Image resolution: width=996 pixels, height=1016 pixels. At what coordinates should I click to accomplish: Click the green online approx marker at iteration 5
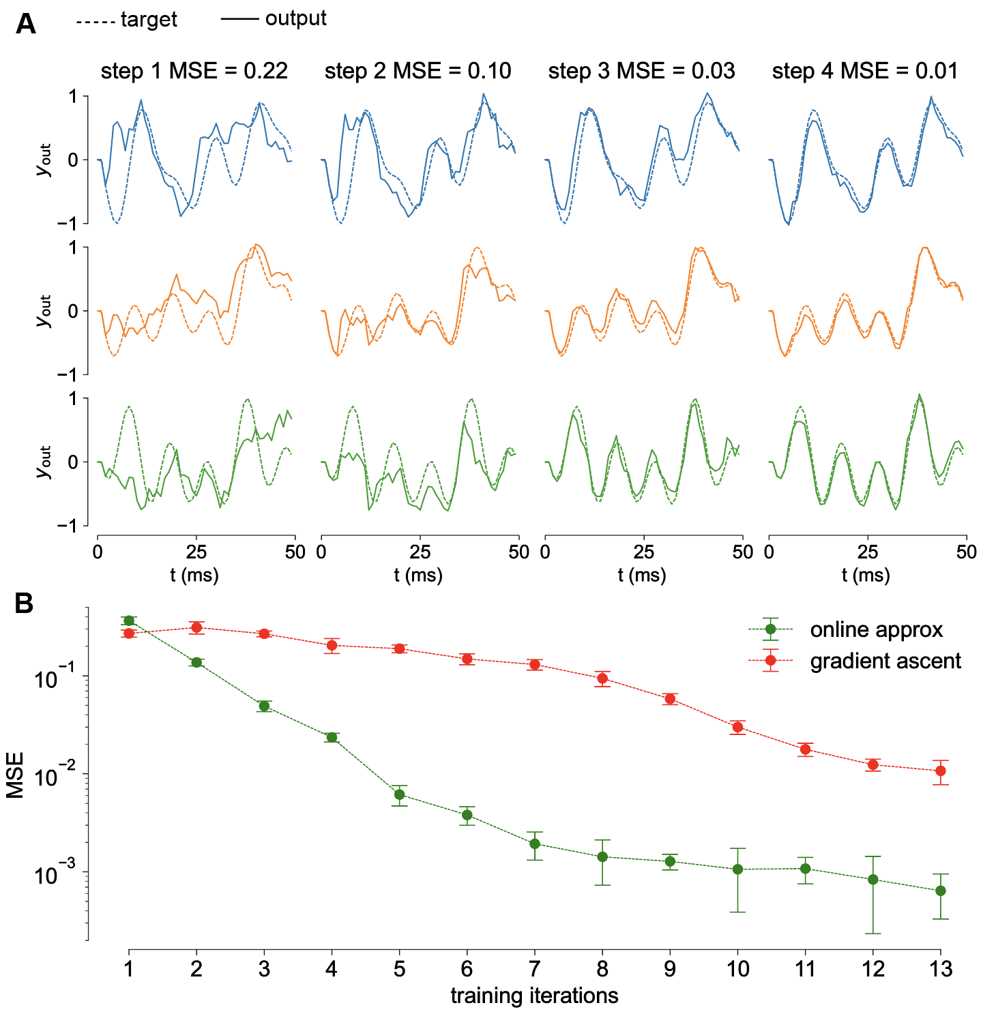coord(400,794)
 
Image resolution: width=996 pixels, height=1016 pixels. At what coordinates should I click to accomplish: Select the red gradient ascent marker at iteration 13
coord(941,771)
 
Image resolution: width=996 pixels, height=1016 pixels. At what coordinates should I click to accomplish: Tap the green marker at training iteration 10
coord(737,869)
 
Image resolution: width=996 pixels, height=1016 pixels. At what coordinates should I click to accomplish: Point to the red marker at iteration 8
coord(602,678)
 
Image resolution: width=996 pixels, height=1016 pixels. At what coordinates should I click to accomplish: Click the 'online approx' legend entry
coord(876,629)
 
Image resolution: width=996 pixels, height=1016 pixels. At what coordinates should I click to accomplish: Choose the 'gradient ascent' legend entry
coord(885,661)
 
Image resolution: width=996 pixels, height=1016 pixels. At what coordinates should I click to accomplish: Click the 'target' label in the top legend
coord(149,20)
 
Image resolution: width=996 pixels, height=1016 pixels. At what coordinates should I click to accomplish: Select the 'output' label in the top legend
coord(295,18)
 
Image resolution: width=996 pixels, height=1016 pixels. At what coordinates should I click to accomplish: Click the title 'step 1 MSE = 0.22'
coord(194,71)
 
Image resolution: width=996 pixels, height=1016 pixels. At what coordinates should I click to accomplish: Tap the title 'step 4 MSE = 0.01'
coord(865,71)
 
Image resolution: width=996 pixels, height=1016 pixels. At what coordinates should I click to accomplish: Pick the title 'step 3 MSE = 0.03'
coord(641,71)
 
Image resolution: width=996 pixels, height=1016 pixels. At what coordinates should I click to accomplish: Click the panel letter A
coord(26,25)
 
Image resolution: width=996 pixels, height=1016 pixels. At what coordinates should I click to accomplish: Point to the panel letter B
coord(24,603)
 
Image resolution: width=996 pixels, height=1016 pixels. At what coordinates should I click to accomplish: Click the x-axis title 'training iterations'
coord(534,996)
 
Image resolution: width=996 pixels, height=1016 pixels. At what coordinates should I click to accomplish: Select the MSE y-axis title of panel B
coord(15,775)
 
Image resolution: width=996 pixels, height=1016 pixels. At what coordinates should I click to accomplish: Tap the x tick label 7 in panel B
coord(535,969)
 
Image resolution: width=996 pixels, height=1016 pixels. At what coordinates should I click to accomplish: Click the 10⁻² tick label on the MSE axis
coord(57,775)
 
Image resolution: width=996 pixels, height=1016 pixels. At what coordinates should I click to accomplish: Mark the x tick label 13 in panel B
coord(941,969)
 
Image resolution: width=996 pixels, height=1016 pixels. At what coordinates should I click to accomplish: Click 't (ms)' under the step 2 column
coord(418,575)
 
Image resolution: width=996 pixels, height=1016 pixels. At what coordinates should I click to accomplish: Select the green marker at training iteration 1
coord(129,621)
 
